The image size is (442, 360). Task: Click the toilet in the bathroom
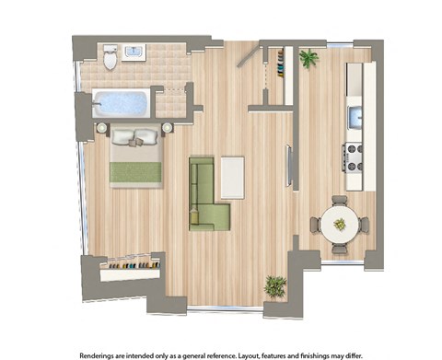110,59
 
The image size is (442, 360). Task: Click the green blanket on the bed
136,170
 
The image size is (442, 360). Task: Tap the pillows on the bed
136,139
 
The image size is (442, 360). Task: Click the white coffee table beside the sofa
232,177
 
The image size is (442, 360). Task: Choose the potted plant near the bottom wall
274,285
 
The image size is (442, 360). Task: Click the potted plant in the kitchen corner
308,59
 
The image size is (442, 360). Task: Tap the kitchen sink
354,117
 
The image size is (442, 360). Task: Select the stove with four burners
353,157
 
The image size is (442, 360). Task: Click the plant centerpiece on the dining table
340,224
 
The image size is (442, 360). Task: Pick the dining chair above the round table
340,200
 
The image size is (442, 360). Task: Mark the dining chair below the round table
340,248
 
